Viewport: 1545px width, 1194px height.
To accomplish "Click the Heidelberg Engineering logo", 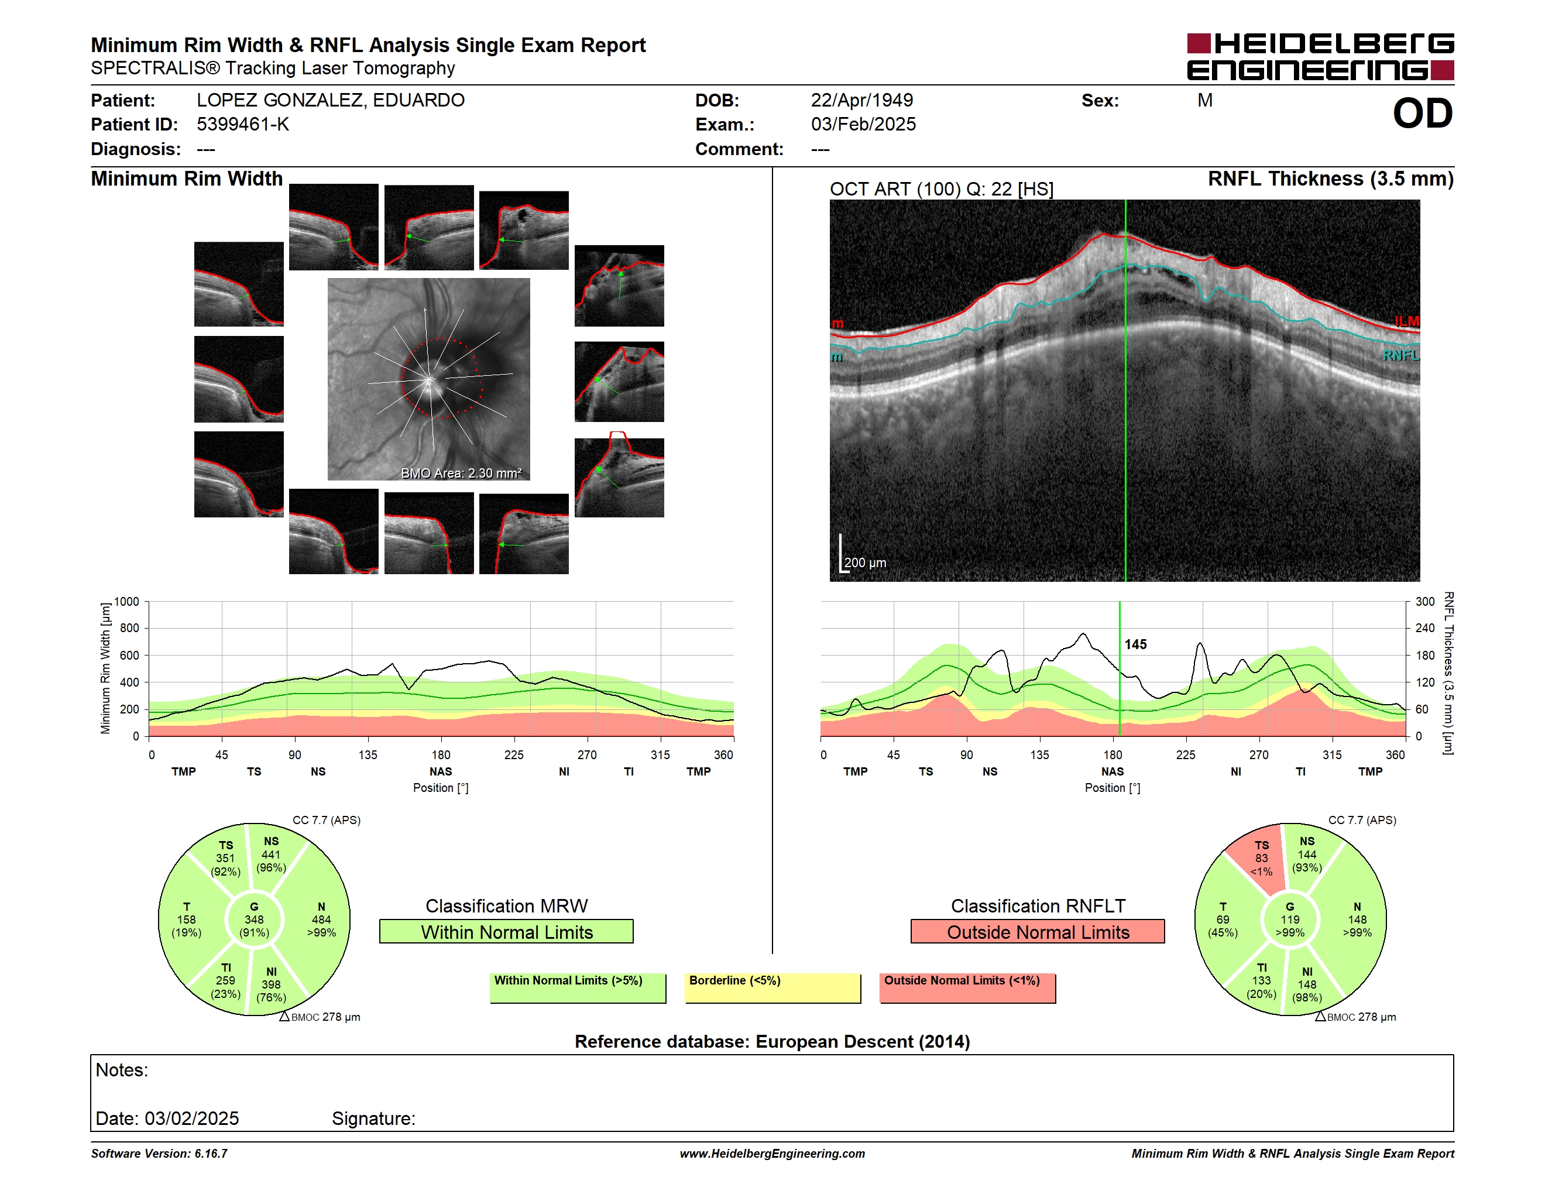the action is click(x=1320, y=57).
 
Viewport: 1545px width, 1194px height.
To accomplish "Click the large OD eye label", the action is click(x=1422, y=113).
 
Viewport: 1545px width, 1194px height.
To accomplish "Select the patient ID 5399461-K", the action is click(x=243, y=125).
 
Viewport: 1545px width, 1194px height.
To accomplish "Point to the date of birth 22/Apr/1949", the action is click(x=861, y=101).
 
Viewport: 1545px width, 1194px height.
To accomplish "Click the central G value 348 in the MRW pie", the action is click(x=254, y=919).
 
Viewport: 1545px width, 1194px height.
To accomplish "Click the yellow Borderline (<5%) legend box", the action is click(x=772, y=988).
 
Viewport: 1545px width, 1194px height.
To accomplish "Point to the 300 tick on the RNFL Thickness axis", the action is click(x=1426, y=602).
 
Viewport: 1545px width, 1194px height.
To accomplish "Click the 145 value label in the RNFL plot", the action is click(x=1135, y=644).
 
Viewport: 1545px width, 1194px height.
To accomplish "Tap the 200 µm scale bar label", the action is click(x=865, y=563).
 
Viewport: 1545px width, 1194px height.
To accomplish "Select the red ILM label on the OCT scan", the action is click(x=1407, y=322).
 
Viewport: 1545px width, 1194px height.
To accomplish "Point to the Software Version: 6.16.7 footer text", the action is click(x=159, y=1154).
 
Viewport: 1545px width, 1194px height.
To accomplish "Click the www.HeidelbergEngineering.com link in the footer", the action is click(x=772, y=1154).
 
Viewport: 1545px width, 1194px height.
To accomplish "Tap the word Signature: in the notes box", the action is click(x=373, y=1119).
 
